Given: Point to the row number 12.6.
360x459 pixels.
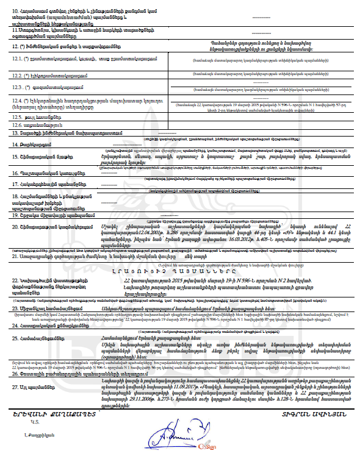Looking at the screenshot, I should pyautogui.click(x=19, y=123).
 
